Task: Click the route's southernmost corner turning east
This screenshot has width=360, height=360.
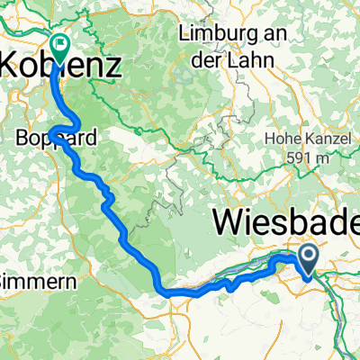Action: (x=166, y=291)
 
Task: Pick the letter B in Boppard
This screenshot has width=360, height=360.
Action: (x=22, y=139)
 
